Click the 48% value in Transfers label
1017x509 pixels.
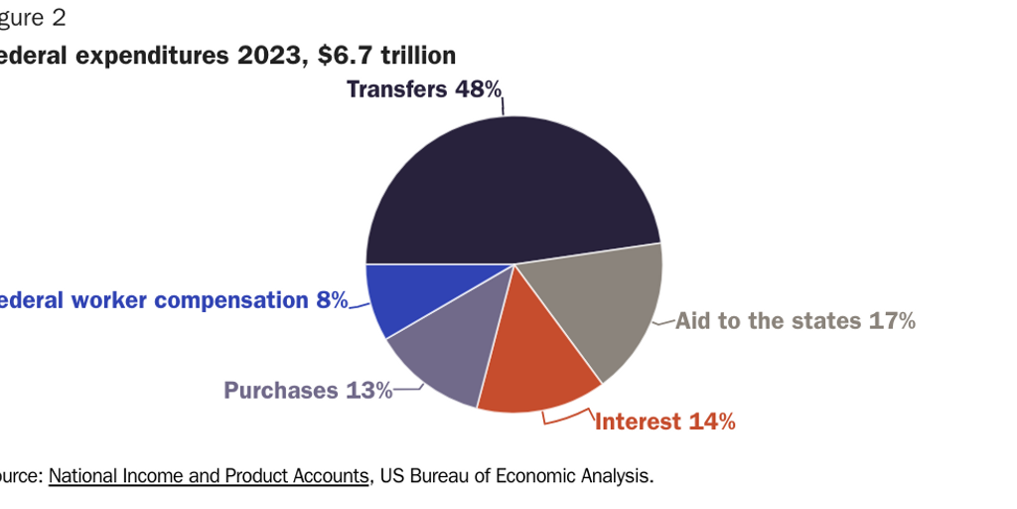coord(479,89)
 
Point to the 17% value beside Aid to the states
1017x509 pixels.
coord(891,321)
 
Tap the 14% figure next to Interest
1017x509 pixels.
coord(711,423)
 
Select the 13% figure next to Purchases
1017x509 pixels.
coord(368,390)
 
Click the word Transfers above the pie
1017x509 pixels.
coord(396,89)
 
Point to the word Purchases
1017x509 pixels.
coord(281,390)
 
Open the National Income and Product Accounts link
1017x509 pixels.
coord(209,475)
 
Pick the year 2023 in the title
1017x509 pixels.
coord(269,55)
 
